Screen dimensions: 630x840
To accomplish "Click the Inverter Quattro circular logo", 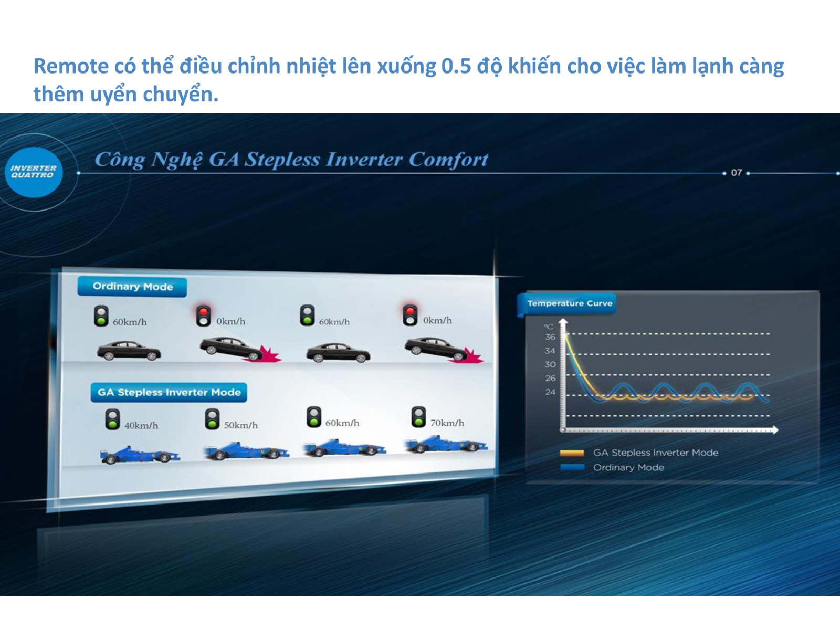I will [33, 172].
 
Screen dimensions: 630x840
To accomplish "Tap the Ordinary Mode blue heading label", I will [132, 287].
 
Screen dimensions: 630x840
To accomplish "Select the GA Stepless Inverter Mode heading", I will [169, 392].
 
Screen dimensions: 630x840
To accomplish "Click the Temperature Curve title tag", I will [569, 303].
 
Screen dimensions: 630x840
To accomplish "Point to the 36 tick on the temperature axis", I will [550, 337].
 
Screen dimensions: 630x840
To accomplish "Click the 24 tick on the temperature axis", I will [550, 392].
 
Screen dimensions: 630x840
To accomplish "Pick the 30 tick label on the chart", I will [550, 364].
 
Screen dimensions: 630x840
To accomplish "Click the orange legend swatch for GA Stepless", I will [572, 453].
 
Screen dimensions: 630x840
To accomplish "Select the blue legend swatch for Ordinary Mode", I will [572, 467].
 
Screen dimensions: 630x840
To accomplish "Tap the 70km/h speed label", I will [447, 423].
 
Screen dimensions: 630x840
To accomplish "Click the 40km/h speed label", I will [141, 426].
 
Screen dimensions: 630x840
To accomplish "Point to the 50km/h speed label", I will [240, 425].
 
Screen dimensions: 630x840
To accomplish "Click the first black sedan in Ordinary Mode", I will [129, 351].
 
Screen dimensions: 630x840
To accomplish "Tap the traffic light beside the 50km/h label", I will [212, 419].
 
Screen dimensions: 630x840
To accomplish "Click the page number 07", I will [736, 173].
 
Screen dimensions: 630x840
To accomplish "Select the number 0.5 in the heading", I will [456, 67].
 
